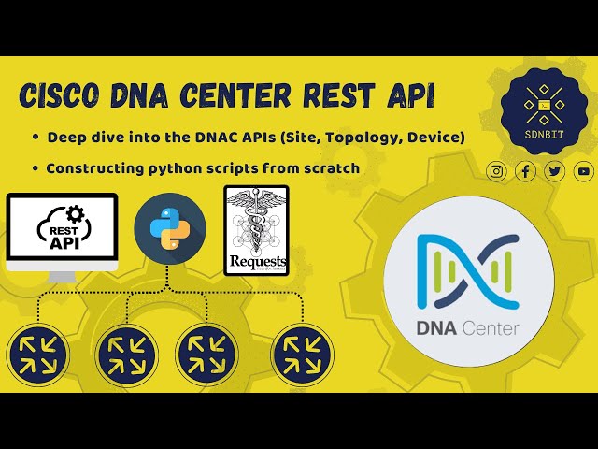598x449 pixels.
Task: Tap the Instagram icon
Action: pyautogui.click(x=497, y=170)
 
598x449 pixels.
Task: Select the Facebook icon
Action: pyautogui.click(x=526, y=170)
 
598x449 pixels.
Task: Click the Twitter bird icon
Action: pyautogui.click(x=555, y=170)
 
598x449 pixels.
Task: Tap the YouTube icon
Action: pyautogui.click(x=584, y=170)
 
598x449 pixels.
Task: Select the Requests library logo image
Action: pyautogui.click(x=256, y=230)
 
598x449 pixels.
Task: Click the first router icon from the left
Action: pyautogui.click(x=38, y=355)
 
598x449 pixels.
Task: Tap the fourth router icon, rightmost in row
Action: pyautogui.click(x=302, y=355)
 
